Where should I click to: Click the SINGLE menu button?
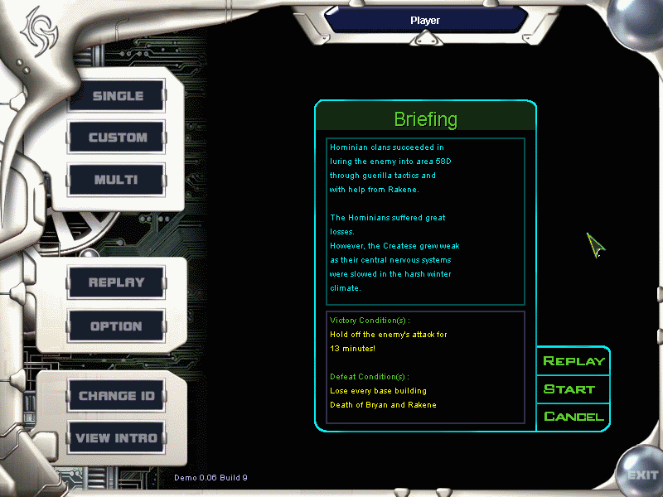click(x=117, y=95)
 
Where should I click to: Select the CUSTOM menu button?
click(x=117, y=138)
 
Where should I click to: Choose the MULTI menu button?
click(x=117, y=180)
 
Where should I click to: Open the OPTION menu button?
click(x=116, y=326)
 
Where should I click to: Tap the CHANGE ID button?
click(x=116, y=396)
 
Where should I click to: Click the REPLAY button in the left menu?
click(x=116, y=282)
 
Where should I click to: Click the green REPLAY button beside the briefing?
click(x=573, y=361)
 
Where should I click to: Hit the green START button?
click(x=569, y=389)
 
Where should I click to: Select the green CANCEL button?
click(x=573, y=417)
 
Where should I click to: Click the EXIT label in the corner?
click(x=642, y=475)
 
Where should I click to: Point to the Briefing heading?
click(x=425, y=119)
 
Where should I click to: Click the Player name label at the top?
click(x=425, y=20)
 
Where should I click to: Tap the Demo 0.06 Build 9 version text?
click(x=211, y=478)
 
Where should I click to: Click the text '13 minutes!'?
click(x=353, y=348)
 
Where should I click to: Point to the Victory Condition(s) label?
click(x=370, y=321)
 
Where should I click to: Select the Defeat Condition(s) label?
click(x=369, y=377)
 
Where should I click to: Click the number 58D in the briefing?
click(x=443, y=161)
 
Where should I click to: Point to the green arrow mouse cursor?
click(x=595, y=244)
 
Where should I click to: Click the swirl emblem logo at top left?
click(x=40, y=31)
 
